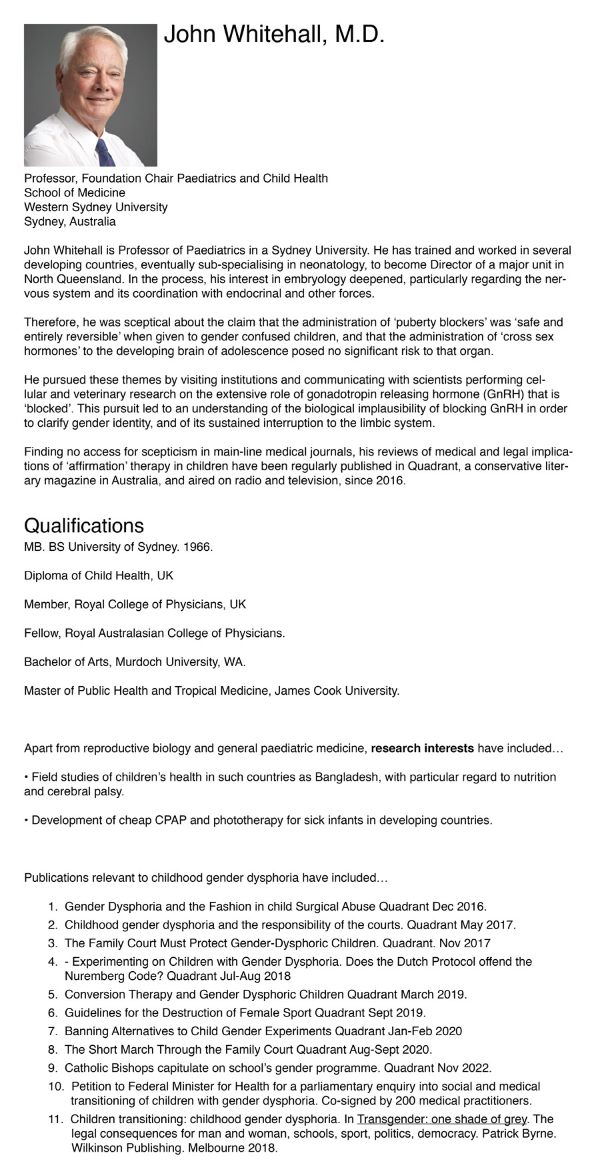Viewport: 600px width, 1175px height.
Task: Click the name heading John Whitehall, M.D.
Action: click(274, 34)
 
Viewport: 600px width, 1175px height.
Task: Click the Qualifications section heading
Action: click(84, 526)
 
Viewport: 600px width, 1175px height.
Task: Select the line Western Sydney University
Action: click(96, 207)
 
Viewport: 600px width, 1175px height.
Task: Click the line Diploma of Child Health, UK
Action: click(99, 576)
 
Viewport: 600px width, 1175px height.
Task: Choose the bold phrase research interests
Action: click(422, 748)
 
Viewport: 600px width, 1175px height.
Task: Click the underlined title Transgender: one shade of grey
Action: click(441, 1119)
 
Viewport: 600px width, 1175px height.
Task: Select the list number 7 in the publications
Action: click(53, 1031)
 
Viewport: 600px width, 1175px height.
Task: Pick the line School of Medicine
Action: click(75, 193)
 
